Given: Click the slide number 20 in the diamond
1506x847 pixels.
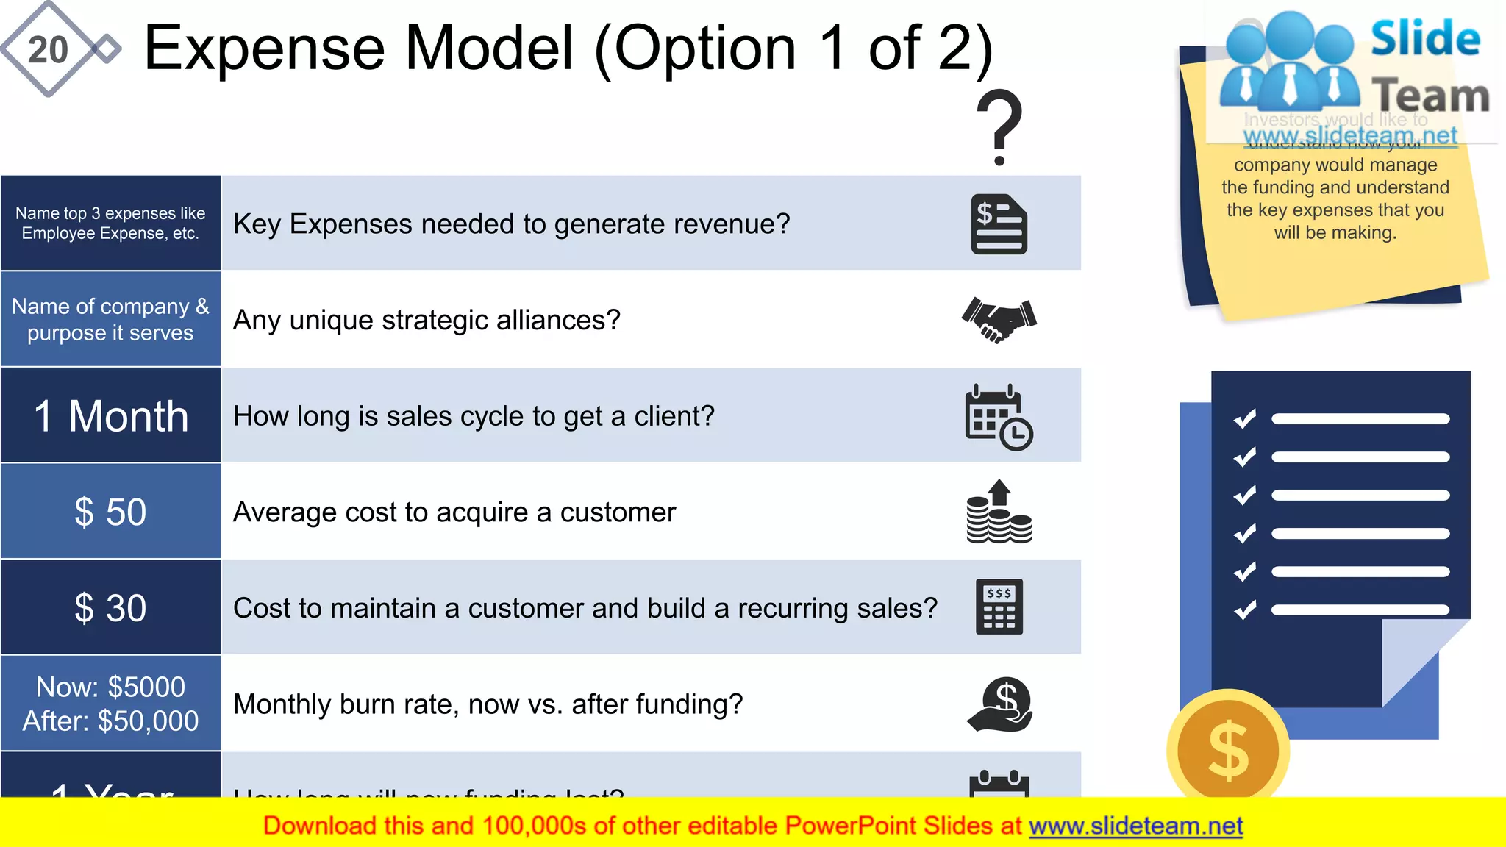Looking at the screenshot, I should click(x=48, y=50).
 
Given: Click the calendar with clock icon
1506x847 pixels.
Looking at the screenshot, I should click(x=999, y=416).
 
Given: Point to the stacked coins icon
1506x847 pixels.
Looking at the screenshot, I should click(x=999, y=512).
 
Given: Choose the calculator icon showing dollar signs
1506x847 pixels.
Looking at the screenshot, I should click(x=999, y=607).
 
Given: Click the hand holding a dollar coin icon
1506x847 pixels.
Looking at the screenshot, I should click(x=1000, y=704).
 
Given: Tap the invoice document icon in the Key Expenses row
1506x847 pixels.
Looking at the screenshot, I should click(x=999, y=224).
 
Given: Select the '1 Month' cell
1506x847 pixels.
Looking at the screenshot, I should click(x=111, y=416).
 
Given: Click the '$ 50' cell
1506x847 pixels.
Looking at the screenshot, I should click(x=110, y=512).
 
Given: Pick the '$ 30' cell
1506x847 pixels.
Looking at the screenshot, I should click(x=110, y=608).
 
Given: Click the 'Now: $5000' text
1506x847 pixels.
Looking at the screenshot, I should click(x=110, y=687).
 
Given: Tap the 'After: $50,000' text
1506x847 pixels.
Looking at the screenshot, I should click(x=110, y=721).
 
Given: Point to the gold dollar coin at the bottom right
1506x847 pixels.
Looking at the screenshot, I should click(x=1227, y=750).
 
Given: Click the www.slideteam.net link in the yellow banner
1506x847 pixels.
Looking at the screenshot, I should click(x=1135, y=826).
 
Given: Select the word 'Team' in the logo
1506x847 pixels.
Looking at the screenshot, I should click(x=1430, y=96).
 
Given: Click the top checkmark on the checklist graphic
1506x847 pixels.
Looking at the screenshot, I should click(x=1245, y=418).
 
